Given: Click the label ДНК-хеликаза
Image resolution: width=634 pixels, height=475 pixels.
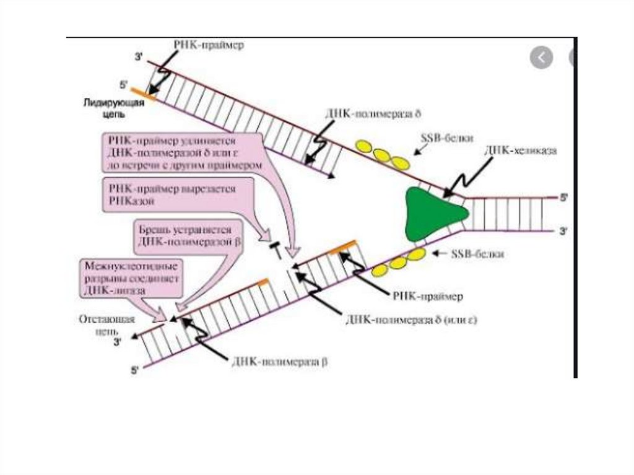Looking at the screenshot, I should [522, 150].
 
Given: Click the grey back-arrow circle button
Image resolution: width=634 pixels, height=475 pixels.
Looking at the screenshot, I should [541, 58].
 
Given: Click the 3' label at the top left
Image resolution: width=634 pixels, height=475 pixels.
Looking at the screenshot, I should [138, 58].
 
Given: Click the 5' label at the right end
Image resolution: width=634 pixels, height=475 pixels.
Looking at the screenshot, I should [563, 198].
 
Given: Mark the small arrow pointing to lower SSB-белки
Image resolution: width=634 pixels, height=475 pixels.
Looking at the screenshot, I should [439, 254].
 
